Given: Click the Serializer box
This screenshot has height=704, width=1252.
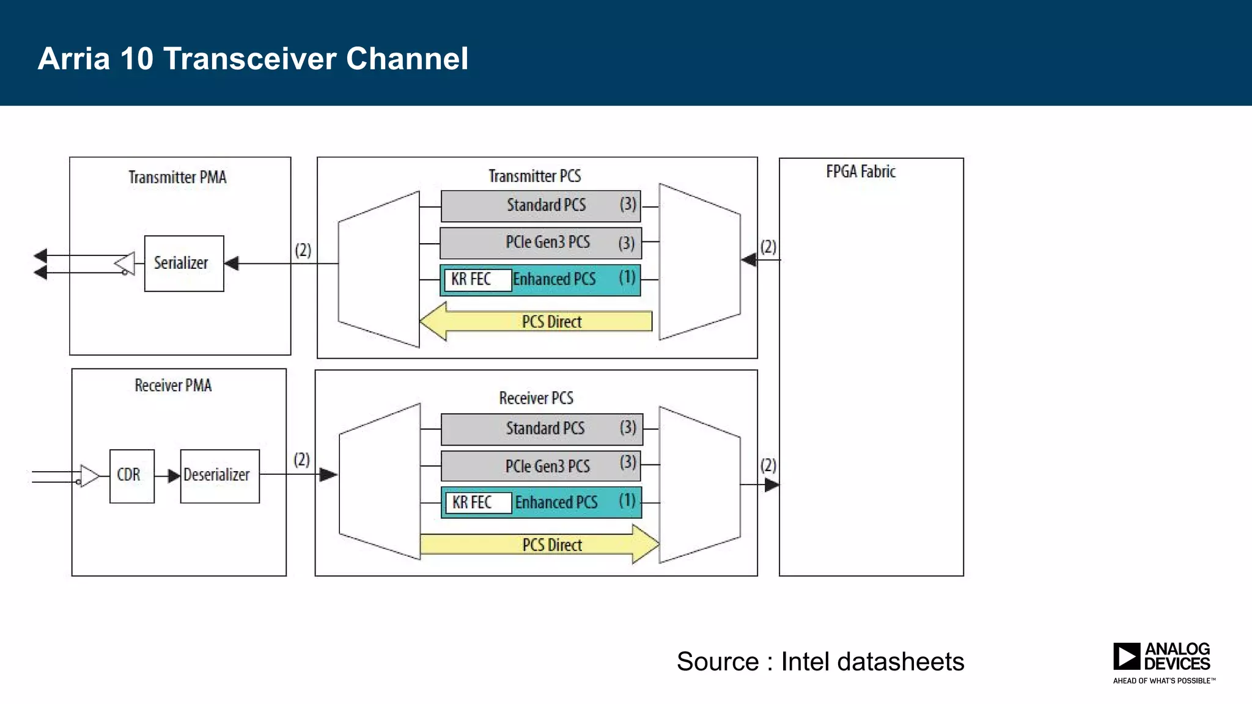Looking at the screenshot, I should (x=183, y=263).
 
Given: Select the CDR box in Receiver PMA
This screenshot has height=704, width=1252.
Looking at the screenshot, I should (x=131, y=476).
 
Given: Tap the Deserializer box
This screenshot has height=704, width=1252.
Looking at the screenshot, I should (x=219, y=476).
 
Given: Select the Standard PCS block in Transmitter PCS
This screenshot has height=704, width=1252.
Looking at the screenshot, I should (x=540, y=206).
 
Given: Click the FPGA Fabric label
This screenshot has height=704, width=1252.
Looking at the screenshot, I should (x=860, y=172).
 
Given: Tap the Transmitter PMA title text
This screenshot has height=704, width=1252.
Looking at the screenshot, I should (x=177, y=177).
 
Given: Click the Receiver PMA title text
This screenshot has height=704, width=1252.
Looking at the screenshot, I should (x=173, y=386).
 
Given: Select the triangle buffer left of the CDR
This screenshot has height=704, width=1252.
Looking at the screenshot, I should (x=89, y=476).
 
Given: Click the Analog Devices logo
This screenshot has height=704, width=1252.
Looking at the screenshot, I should (x=1163, y=662).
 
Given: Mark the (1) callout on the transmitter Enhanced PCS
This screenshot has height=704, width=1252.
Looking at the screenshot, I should (x=627, y=277).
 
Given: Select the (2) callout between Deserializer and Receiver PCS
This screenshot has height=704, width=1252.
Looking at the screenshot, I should (x=301, y=460).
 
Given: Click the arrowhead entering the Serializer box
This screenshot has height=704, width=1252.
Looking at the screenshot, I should (x=231, y=263).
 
